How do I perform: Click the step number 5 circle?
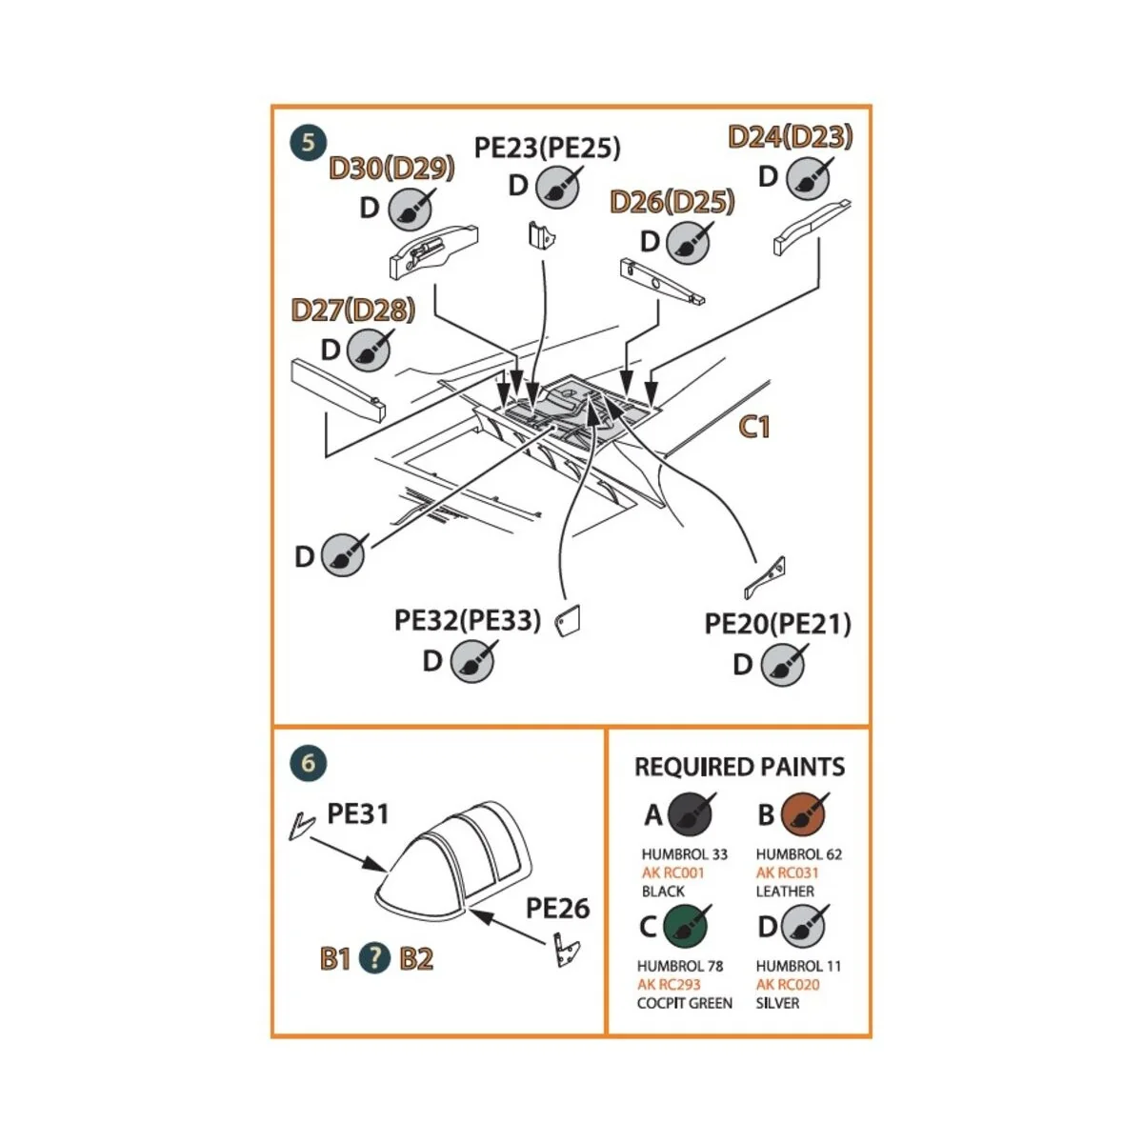point(308,144)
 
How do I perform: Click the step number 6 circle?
point(308,763)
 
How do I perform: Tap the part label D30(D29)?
point(391,169)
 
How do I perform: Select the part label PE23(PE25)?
point(547,148)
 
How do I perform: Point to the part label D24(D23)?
point(790,136)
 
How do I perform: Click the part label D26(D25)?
point(672,202)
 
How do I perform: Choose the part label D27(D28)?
point(352,310)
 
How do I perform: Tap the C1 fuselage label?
point(754,427)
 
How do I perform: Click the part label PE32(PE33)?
point(467,621)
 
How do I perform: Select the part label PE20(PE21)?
point(777,624)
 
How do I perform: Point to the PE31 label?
point(357,813)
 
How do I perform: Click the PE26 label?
point(557,908)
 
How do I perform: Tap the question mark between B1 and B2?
point(375,957)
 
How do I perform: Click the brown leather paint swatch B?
point(803,814)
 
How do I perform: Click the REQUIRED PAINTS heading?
point(739,767)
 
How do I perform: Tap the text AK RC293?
point(669,985)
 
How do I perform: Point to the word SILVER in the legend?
point(777,1003)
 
